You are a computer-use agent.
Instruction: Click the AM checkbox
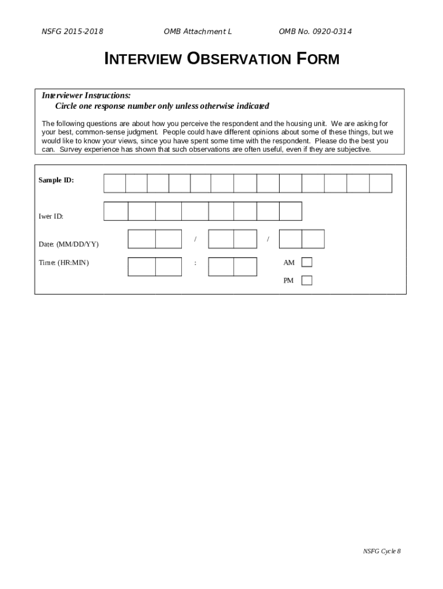(x=307, y=262)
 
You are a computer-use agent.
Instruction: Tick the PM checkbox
(x=307, y=281)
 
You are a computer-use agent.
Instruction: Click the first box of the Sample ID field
(x=114, y=183)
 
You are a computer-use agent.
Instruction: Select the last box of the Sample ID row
(x=380, y=183)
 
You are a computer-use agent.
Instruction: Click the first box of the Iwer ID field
(x=116, y=211)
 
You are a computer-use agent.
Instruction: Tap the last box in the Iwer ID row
(x=291, y=211)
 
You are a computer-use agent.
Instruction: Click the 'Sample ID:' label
(x=56, y=180)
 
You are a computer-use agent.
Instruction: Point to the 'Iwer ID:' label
(x=51, y=216)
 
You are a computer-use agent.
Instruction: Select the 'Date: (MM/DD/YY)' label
(x=68, y=244)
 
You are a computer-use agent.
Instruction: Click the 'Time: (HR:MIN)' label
(x=64, y=262)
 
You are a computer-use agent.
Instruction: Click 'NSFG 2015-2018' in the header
(x=72, y=31)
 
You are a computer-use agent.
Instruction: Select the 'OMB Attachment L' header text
(x=197, y=31)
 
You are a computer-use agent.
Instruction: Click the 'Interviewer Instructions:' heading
(x=86, y=95)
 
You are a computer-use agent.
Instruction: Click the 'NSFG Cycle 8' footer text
(x=381, y=551)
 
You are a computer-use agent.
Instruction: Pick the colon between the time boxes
(x=196, y=263)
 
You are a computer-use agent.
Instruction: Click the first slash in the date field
(x=196, y=238)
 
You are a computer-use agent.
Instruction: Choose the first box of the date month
(x=142, y=239)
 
